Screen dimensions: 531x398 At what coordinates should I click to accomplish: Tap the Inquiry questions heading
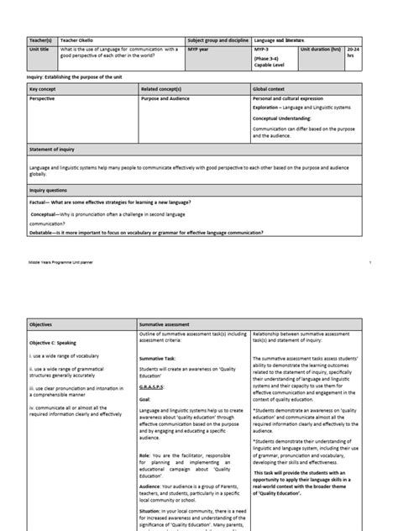tap(50, 190)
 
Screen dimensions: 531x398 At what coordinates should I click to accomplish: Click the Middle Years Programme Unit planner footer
tap(64, 263)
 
